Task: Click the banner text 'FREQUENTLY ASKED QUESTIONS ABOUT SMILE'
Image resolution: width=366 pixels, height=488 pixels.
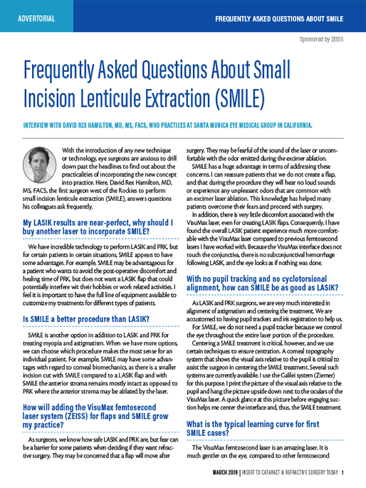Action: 280,16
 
